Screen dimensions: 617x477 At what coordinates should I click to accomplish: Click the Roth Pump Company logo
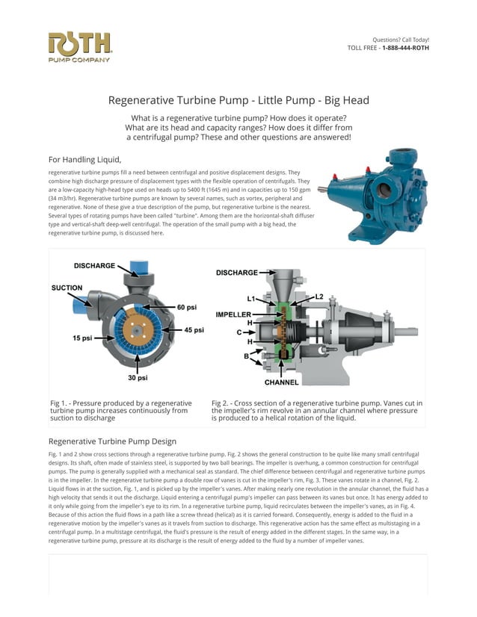[x=79, y=47]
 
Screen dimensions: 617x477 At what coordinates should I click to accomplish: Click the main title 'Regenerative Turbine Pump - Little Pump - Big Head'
[x=238, y=100]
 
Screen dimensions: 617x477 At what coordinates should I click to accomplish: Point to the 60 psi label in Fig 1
[x=187, y=307]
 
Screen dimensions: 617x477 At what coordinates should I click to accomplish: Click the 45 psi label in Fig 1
[x=194, y=329]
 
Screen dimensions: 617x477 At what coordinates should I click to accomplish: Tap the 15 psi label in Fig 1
[x=82, y=338]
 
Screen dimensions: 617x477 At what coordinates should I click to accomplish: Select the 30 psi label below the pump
[x=137, y=378]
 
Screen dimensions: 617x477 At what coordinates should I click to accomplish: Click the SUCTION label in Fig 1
[x=67, y=288]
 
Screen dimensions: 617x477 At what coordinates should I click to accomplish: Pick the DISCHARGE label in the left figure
[x=94, y=266]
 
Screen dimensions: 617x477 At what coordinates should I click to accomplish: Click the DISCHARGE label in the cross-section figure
[x=236, y=273]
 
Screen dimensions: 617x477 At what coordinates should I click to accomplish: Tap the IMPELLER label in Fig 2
[x=233, y=314]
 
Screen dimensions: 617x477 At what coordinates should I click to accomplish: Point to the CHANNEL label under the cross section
[x=281, y=382]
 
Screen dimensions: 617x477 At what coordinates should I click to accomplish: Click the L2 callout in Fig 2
[x=319, y=297]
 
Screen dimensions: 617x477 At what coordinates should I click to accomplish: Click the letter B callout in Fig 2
[x=246, y=356]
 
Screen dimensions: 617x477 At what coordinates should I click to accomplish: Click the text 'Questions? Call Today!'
[x=401, y=40]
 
